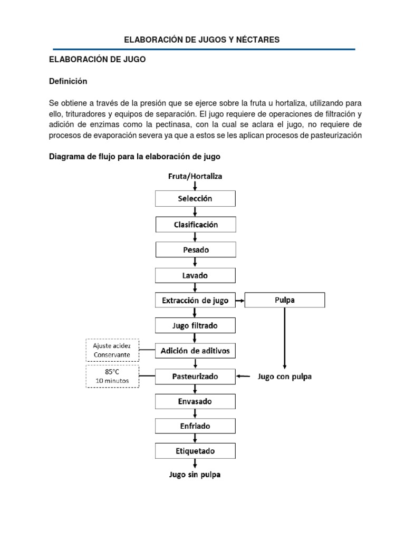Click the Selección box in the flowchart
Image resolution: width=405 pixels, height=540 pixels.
pyautogui.click(x=196, y=199)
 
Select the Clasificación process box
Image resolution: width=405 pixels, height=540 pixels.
pyautogui.click(x=196, y=224)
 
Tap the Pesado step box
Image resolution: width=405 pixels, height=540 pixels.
pyautogui.click(x=196, y=249)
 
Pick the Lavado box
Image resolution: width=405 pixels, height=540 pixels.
pyautogui.click(x=196, y=275)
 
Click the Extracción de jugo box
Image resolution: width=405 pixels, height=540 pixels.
pyautogui.click(x=196, y=301)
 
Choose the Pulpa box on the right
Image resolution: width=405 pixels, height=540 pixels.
pyautogui.click(x=285, y=301)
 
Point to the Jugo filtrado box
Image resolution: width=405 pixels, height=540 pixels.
pyautogui.click(x=196, y=326)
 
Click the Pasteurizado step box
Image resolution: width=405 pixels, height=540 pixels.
pyautogui.click(x=196, y=377)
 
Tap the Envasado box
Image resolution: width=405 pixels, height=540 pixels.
pyautogui.click(x=196, y=402)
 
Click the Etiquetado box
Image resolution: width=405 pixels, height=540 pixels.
pyautogui.click(x=196, y=451)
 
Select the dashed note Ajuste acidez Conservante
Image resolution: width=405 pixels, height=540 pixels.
pyautogui.click(x=112, y=349)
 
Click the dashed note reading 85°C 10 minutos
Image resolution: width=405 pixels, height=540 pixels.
pyautogui.click(x=112, y=377)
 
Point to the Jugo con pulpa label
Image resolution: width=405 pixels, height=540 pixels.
pyautogui.click(x=284, y=377)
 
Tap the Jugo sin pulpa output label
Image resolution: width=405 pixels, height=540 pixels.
pyautogui.click(x=196, y=475)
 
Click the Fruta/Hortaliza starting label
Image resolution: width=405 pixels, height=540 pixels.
pyautogui.click(x=196, y=176)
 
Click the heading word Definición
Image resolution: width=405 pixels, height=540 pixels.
pyautogui.click(x=68, y=82)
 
